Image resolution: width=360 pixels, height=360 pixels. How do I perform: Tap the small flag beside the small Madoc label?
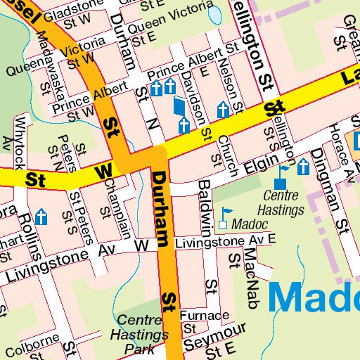pos(226,212)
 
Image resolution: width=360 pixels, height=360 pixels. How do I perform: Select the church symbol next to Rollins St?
pos(41,217)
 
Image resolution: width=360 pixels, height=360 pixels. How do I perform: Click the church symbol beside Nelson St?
pos(223,110)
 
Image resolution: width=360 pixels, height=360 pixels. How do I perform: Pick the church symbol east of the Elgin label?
pos(303,167)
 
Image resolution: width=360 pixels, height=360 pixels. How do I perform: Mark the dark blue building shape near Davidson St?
pos(180,108)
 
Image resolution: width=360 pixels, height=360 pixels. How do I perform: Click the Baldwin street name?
pos(205,207)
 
